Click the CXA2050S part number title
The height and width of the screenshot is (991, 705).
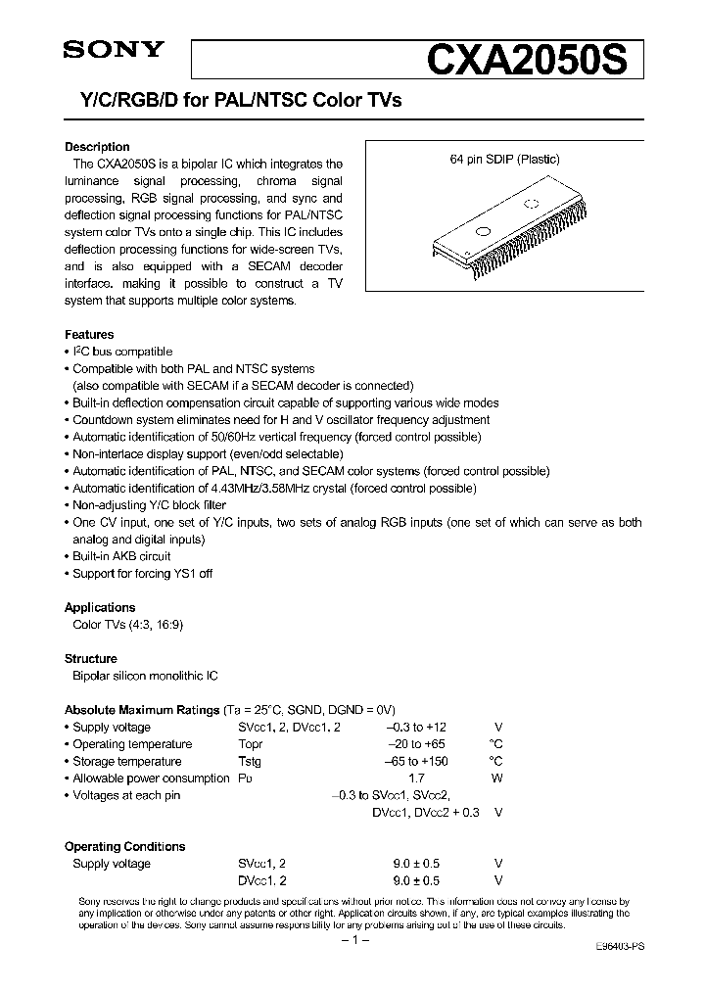click(533, 60)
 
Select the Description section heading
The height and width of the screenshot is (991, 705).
click(97, 148)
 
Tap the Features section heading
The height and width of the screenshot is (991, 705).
click(89, 334)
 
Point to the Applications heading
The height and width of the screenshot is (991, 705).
click(100, 607)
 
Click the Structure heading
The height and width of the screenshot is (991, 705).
click(91, 658)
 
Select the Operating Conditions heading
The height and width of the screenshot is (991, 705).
click(124, 846)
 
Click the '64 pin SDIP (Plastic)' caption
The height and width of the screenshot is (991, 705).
click(504, 159)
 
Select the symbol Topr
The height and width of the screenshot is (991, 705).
click(251, 744)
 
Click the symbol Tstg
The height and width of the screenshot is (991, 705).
click(250, 761)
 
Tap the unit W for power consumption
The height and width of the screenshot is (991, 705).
click(498, 779)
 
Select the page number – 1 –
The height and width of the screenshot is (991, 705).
click(352, 940)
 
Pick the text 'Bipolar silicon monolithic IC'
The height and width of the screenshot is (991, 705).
click(145, 676)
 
